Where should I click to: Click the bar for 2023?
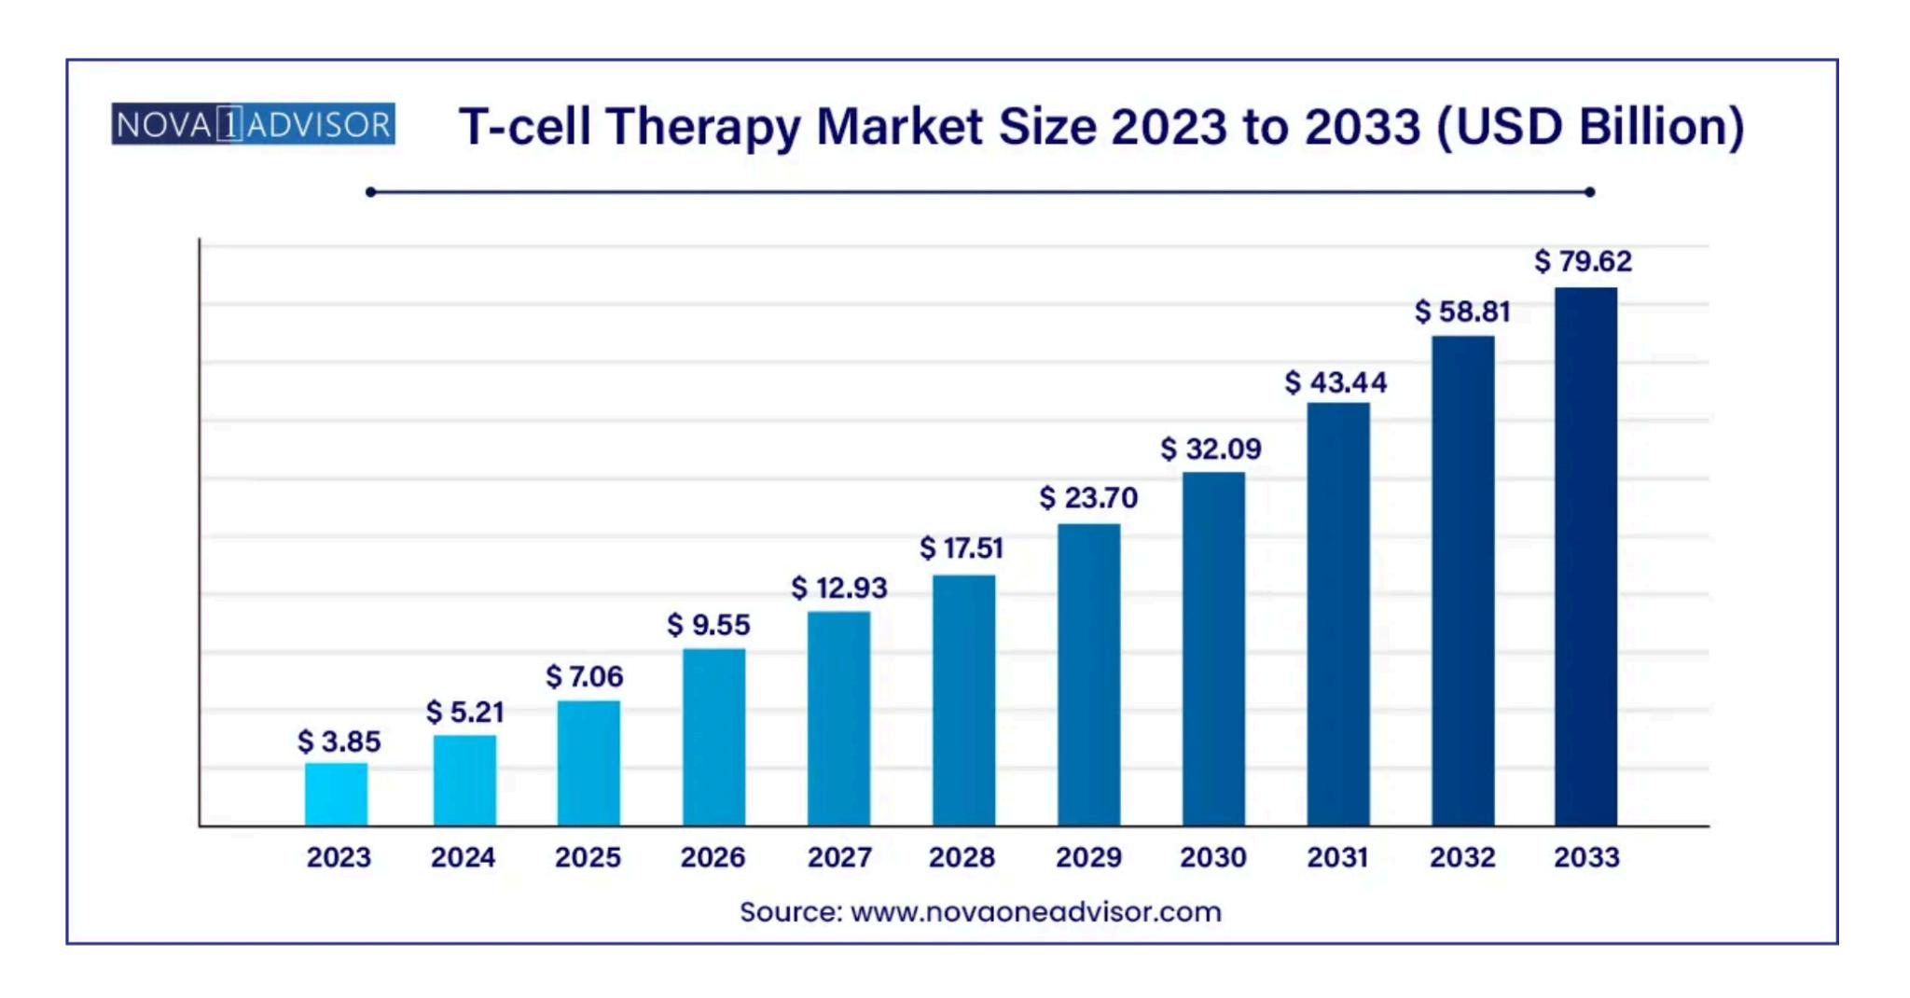336,794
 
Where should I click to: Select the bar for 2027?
838,718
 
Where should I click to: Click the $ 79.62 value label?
1583,261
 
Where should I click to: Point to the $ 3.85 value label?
339,742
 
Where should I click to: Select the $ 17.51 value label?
961,548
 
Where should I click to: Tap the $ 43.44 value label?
1336,381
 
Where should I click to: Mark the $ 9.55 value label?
708,624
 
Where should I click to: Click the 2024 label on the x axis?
463,857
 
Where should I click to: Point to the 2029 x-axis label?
1088,857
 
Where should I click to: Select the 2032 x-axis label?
1462,857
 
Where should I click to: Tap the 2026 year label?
713,857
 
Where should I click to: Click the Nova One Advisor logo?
253,124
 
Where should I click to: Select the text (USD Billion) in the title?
1590,127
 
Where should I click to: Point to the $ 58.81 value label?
1461,312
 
